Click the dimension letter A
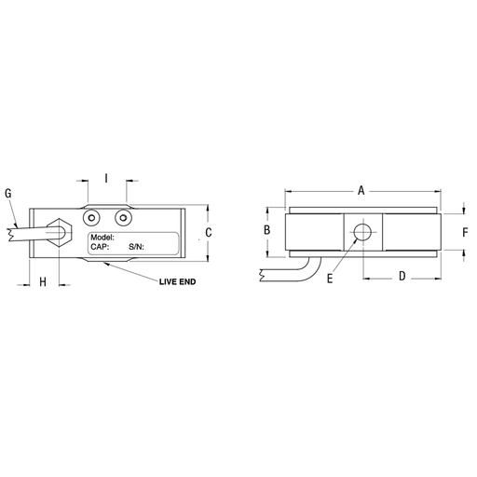click(361, 190)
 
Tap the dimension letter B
click(266, 230)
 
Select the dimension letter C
click(209, 232)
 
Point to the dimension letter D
click(402, 276)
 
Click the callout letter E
click(330, 279)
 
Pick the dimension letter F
click(465, 232)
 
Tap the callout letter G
click(8, 193)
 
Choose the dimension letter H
click(43, 281)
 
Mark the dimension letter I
click(106, 178)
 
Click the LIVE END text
click(178, 281)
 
